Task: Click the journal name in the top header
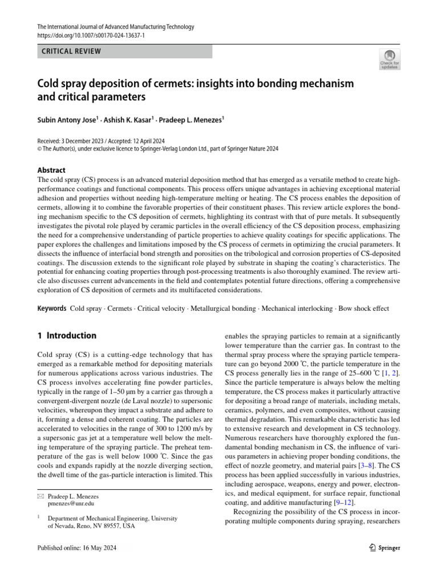[115, 27]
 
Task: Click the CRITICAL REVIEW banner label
[72, 51]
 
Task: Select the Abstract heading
[51, 170]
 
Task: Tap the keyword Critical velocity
[152, 309]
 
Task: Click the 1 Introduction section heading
[67, 336]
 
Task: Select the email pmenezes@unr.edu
[71, 504]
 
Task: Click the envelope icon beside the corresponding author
[40, 496]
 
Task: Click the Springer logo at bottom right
[382, 547]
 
